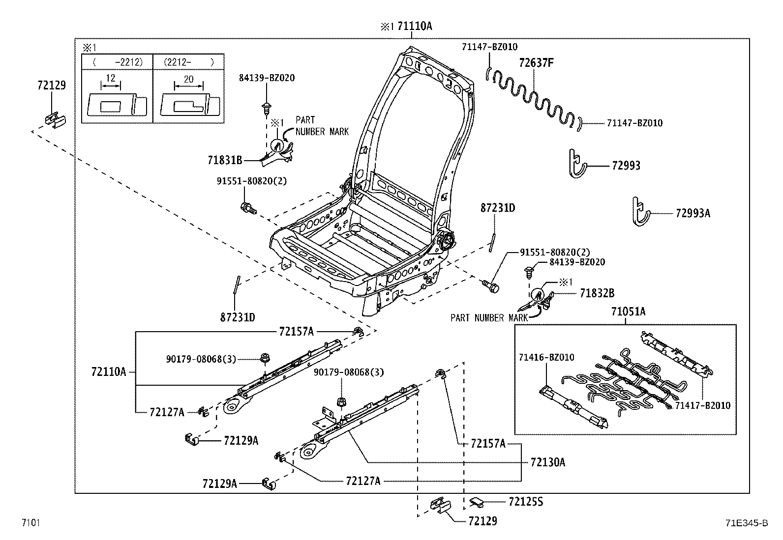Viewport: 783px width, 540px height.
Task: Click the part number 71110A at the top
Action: (x=415, y=26)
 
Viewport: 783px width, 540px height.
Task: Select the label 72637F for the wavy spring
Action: (x=536, y=63)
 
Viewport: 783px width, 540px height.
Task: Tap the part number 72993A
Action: (x=693, y=213)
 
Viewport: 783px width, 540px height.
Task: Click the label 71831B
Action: (x=225, y=160)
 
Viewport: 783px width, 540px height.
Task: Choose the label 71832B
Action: (x=597, y=293)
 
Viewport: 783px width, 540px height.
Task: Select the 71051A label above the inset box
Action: (x=628, y=311)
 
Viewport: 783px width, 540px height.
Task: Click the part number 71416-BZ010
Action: (x=546, y=357)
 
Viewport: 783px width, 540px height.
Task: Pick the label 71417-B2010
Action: (x=703, y=405)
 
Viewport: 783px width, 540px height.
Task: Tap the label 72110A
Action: (x=109, y=371)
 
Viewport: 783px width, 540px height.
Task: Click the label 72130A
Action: (x=548, y=462)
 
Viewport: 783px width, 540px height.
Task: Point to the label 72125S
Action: (x=526, y=502)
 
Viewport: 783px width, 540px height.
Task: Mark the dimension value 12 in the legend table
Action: (x=111, y=78)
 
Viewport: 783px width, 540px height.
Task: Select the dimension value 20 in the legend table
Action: (x=188, y=79)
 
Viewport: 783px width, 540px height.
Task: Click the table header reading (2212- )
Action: (x=188, y=62)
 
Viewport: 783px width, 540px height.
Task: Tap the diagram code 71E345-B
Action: (x=747, y=523)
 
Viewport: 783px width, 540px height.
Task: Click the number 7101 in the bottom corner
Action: (x=31, y=523)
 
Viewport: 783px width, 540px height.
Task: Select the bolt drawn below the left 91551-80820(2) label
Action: (x=248, y=208)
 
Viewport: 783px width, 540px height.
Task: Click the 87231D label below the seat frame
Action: (x=238, y=317)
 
